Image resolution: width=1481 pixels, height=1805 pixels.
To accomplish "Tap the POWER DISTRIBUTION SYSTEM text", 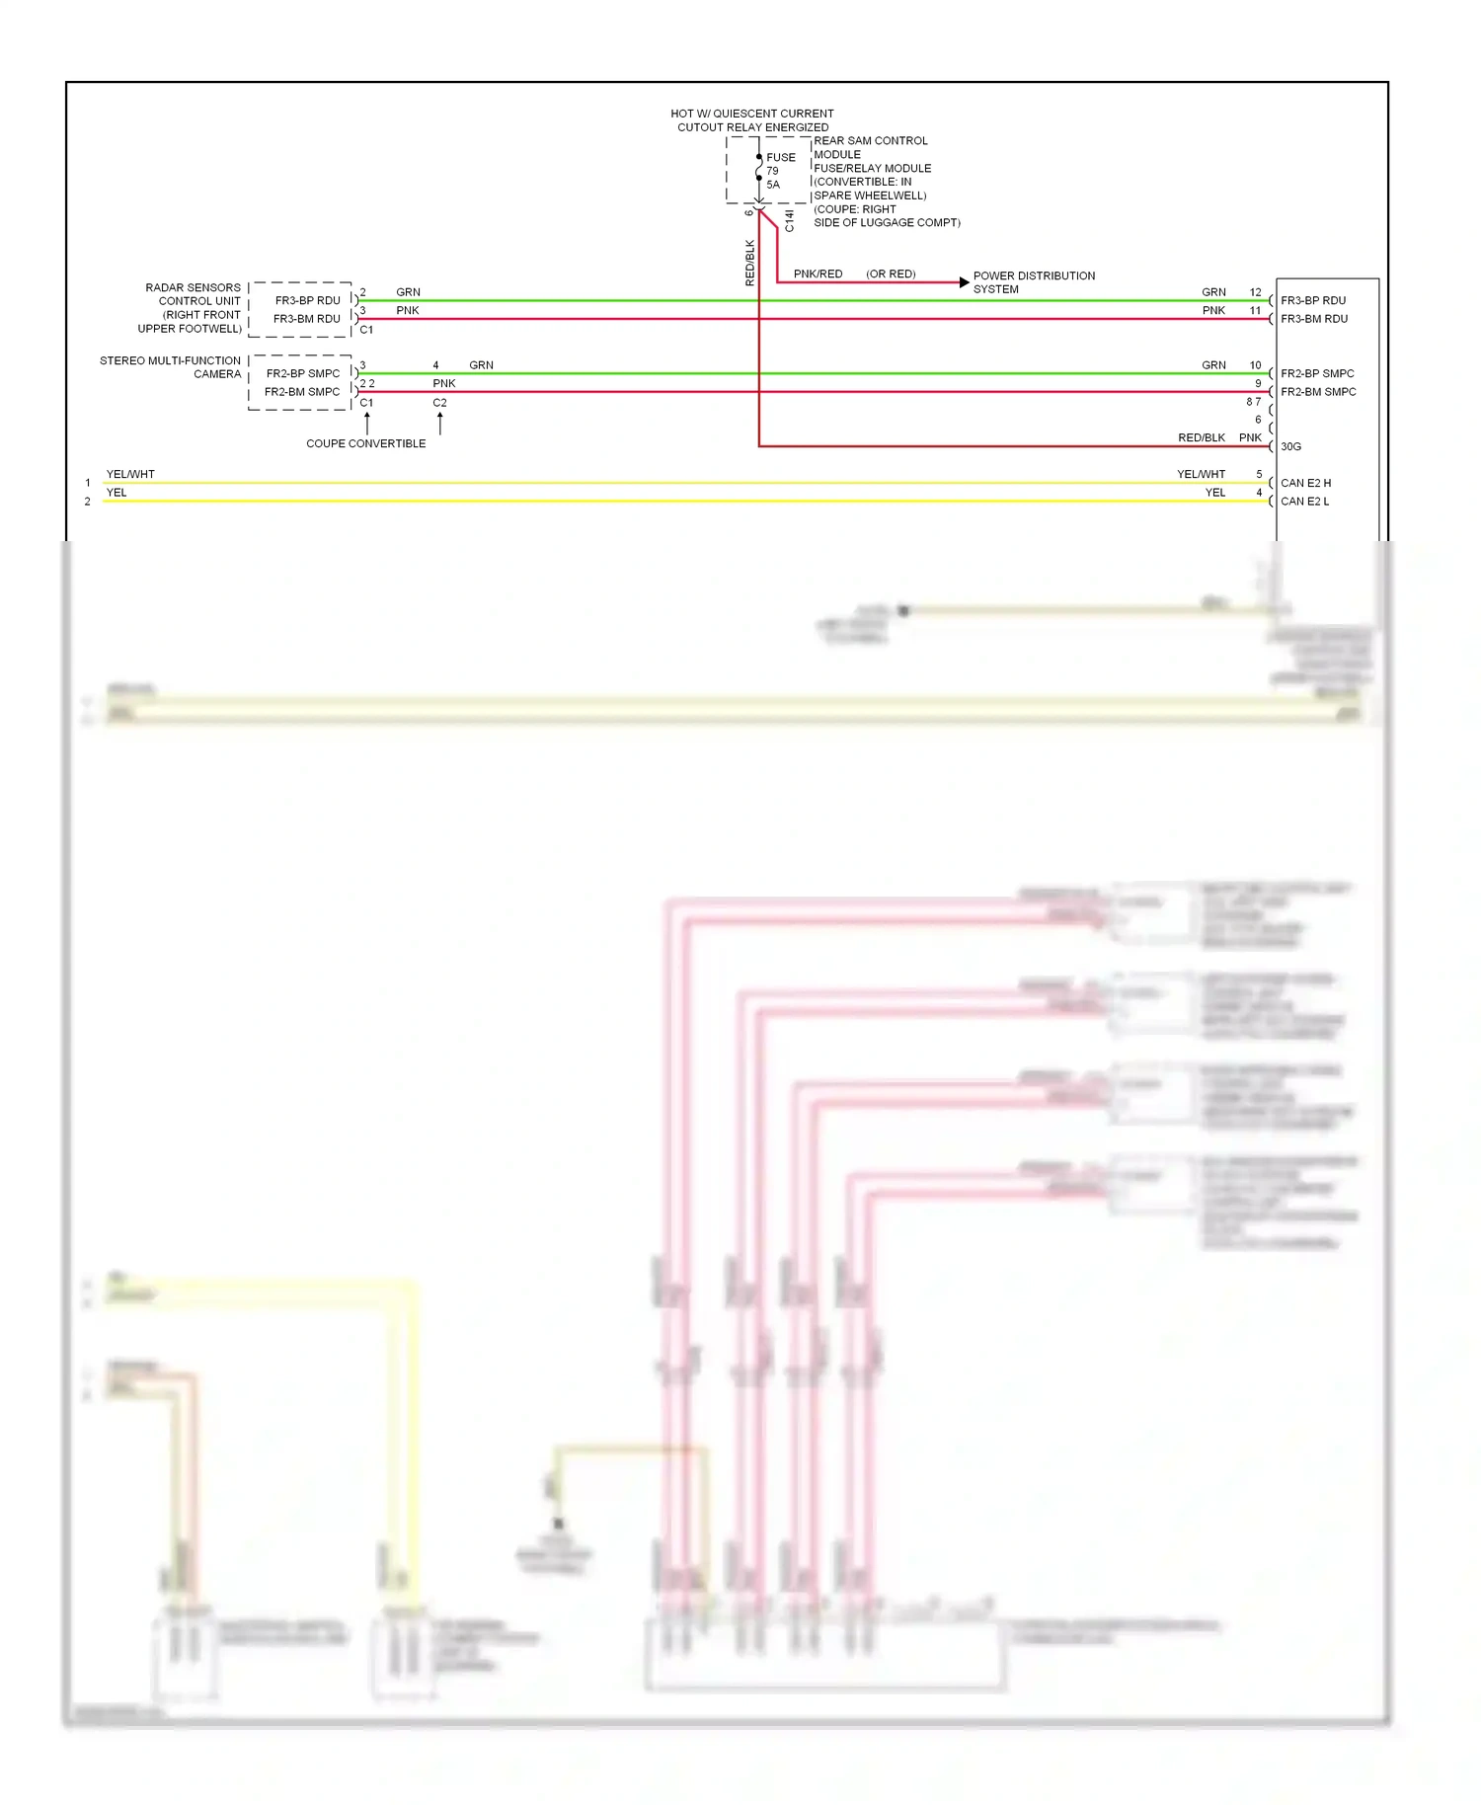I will [x=1033, y=282].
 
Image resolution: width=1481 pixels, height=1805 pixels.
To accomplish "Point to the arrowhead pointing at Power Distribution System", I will [x=965, y=282].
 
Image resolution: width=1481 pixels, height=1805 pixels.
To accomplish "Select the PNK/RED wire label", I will [x=818, y=274].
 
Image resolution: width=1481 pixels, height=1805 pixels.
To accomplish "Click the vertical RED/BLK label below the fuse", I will [x=749, y=263].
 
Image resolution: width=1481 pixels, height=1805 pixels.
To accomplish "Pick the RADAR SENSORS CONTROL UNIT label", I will [x=192, y=308].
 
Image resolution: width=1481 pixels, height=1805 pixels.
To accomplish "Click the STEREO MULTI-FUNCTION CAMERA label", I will [x=171, y=367].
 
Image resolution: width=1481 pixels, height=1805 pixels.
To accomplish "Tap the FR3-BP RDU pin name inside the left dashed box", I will [x=307, y=300].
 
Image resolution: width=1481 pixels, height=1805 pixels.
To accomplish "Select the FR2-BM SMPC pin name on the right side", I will [x=1318, y=392].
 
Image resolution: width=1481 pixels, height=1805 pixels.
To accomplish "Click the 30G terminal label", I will [x=1290, y=446].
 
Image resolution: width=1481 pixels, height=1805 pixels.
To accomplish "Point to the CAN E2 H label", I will [x=1305, y=483].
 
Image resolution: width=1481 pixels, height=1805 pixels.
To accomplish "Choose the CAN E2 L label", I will [x=1304, y=502].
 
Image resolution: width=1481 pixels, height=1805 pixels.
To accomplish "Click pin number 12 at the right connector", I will [x=1255, y=292].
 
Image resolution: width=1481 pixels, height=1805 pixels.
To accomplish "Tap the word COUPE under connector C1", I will [x=325, y=443].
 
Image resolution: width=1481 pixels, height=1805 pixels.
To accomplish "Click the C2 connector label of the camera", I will [x=439, y=403].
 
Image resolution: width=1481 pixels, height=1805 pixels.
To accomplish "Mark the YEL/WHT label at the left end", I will [x=130, y=474].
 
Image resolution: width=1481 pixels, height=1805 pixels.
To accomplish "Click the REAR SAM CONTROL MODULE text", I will [x=870, y=147].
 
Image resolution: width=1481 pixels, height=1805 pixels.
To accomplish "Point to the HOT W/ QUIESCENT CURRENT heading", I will [x=752, y=114].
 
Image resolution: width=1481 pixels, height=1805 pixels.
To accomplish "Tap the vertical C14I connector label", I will [x=789, y=220].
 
